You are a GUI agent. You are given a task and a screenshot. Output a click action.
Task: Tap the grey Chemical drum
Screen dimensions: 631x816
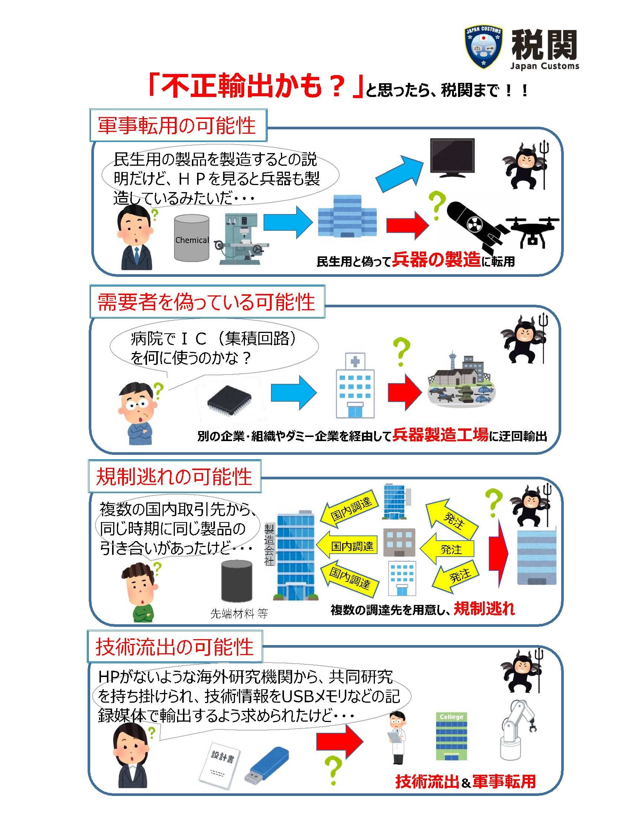click(192, 238)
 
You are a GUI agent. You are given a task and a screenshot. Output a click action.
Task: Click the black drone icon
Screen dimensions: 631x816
click(533, 232)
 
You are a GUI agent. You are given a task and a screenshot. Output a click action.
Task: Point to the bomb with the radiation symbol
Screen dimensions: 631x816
click(476, 226)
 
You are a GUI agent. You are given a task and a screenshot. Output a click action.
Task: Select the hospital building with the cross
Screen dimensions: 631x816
click(355, 385)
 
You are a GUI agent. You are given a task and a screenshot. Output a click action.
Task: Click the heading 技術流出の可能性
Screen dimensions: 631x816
click(174, 647)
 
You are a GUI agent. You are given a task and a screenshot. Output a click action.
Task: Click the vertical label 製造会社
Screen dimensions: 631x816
click(269, 545)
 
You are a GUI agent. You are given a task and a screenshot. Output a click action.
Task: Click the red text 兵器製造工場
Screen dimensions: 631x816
click(440, 435)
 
